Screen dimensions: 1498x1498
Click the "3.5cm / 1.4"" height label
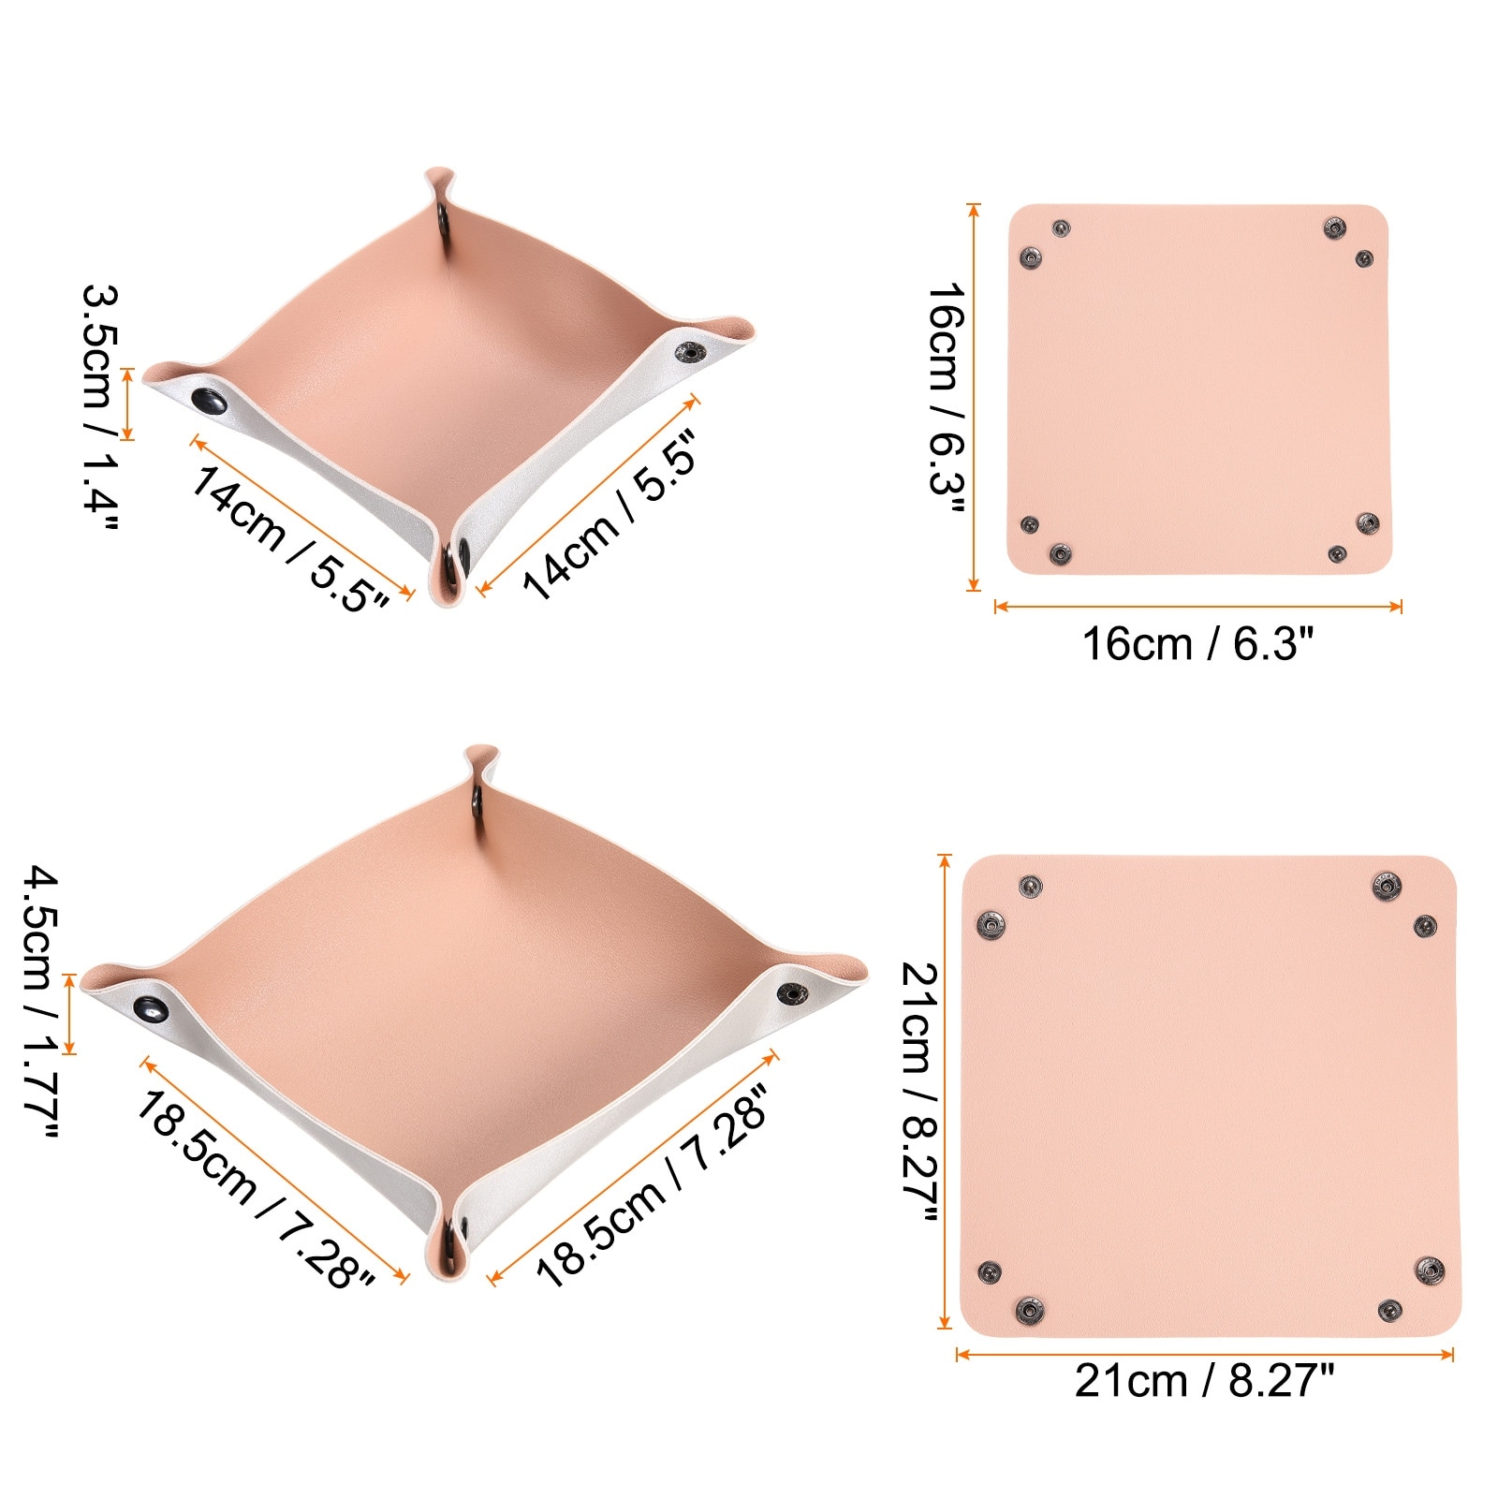(100, 409)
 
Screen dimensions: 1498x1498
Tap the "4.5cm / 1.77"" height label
(42, 1002)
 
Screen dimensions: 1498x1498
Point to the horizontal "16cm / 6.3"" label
(1197, 644)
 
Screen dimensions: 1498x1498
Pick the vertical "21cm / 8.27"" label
(919, 1092)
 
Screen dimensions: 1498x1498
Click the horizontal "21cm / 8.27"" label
(1204, 1381)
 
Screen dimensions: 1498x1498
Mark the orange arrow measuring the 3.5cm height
(128, 404)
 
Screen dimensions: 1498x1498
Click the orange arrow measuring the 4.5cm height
(69, 1014)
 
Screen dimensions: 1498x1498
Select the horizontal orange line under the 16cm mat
(1197, 607)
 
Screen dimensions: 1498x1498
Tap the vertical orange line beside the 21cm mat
(945, 1092)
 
